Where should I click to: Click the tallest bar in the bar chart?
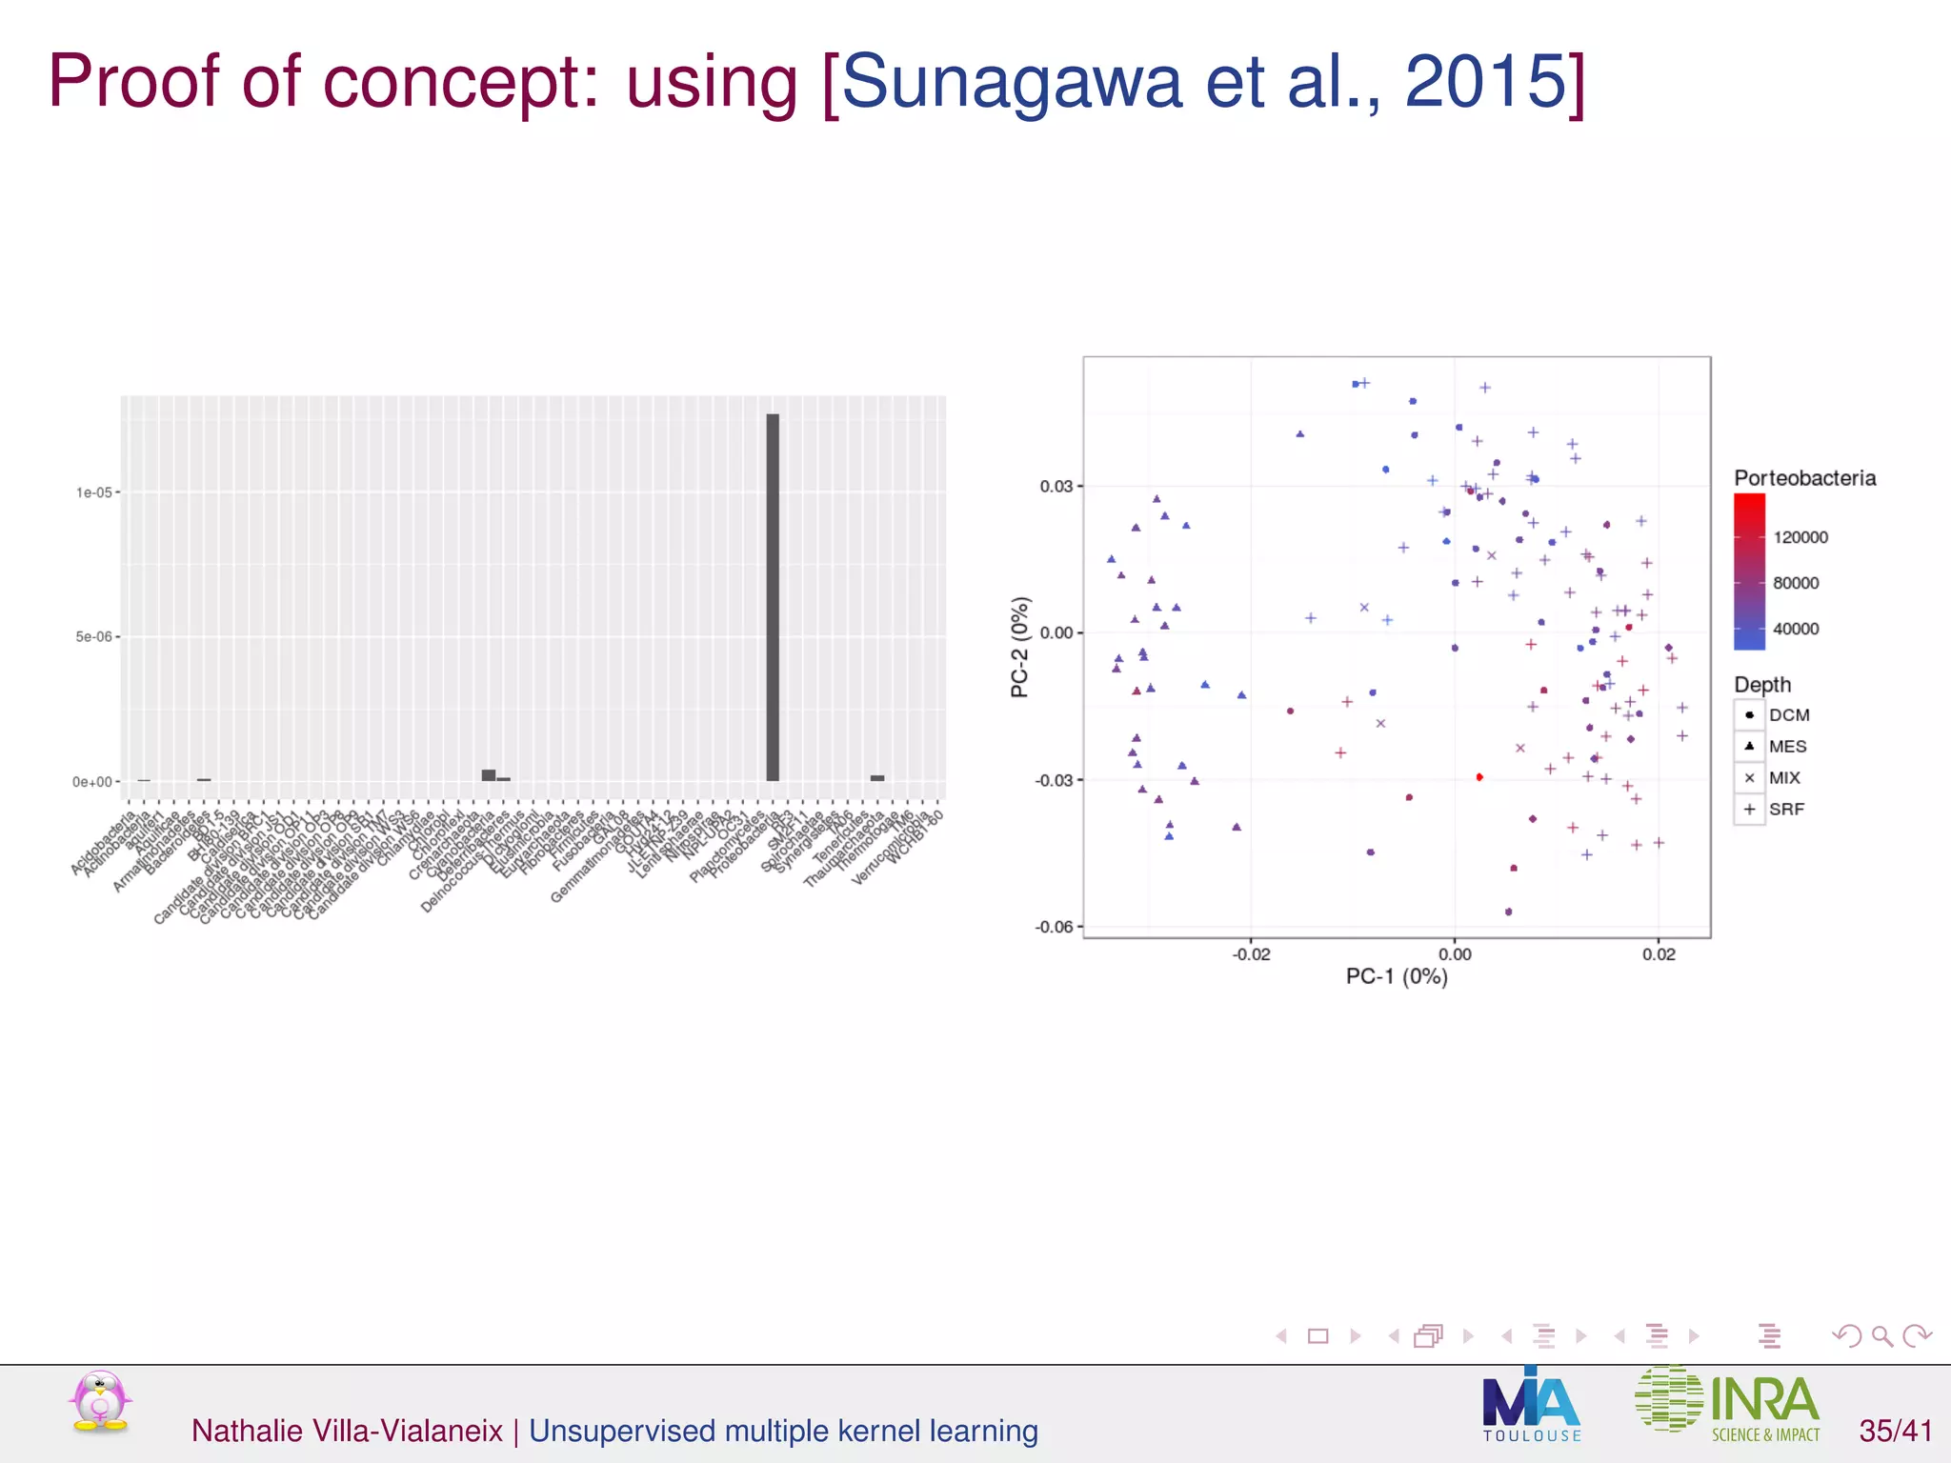[773, 597]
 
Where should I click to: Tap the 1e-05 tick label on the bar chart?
[94, 492]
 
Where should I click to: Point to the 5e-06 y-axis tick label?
[94, 636]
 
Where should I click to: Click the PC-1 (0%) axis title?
[1397, 976]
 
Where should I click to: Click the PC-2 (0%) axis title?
[1020, 647]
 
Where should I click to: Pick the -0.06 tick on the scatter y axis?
[1054, 927]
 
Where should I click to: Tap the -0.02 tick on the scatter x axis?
[1251, 954]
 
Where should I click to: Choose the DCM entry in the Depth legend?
[1788, 715]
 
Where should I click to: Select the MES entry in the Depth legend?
[1787, 747]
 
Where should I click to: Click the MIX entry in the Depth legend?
[1784, 778]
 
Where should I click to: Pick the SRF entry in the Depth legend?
[1786, 810]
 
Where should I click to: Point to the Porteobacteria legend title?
[1804, 478]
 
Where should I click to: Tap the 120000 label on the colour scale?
[1800, 537]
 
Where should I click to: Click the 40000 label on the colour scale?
[1796, 629]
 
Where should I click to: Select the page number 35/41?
[1896, 1431]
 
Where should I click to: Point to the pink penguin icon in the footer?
[100, 1401]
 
